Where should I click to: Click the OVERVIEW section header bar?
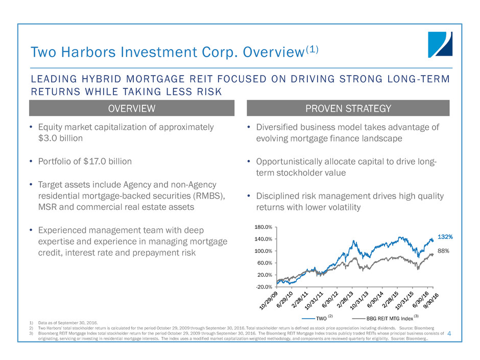pyautogui.click(x=131, y=108)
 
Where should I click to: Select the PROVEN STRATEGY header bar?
pyautogui.click(x=348, y=108)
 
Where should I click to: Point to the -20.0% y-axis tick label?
pyautogui.click(x=265, y=286)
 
